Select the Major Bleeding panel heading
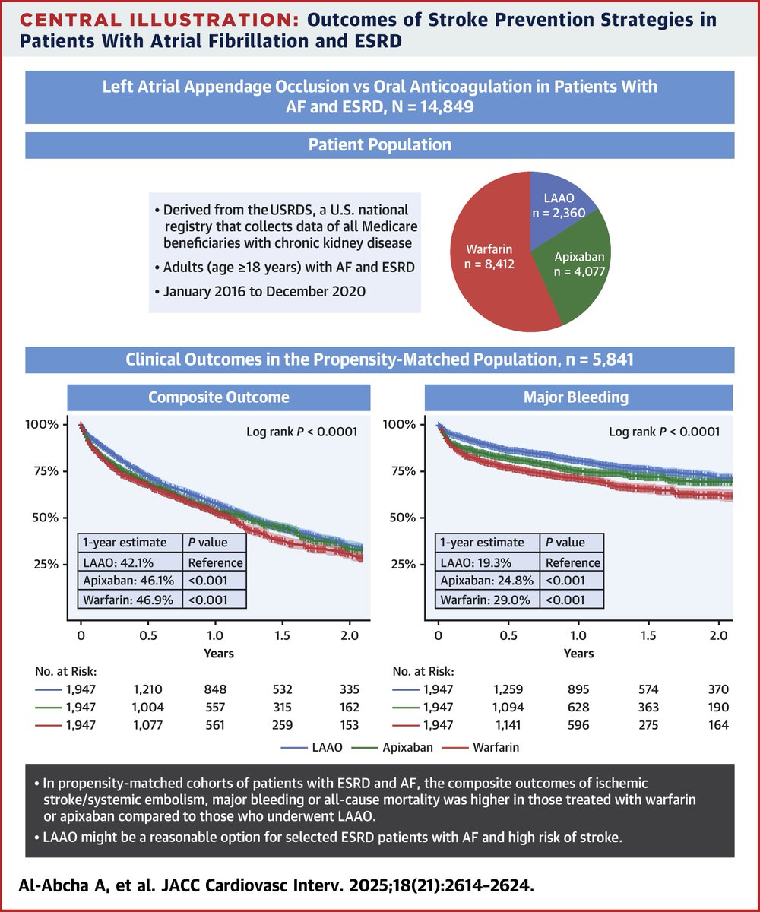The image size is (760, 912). click(580, 397)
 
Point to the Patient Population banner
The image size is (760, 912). click(379, 144)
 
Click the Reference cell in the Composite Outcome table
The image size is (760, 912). click(215, 562)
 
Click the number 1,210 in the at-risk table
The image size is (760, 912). click(148, 689)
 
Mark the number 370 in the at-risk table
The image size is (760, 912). click(717, 689)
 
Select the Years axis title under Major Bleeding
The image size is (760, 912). click(579, 653)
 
